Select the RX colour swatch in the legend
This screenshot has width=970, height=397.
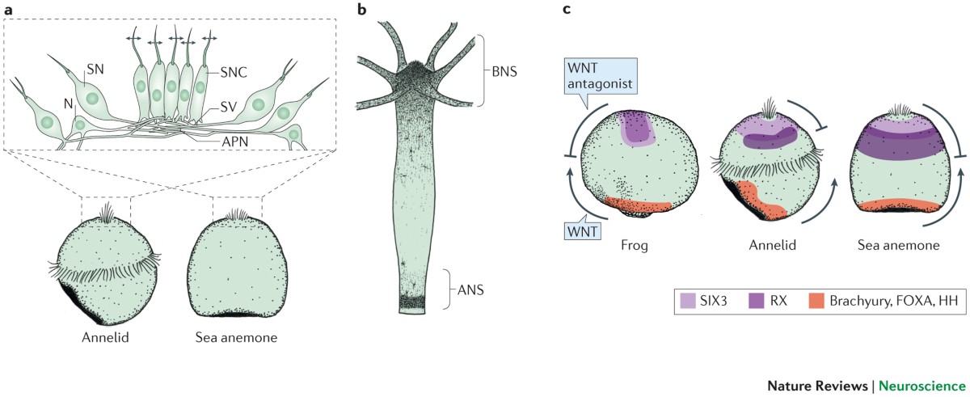pos(755,302)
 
